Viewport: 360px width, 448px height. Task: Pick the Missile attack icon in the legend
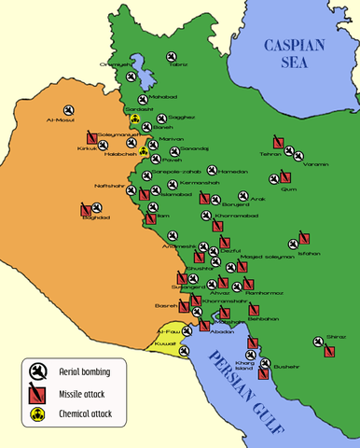[38, 393]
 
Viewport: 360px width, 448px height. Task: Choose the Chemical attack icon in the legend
[38, 413]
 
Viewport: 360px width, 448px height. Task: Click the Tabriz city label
[178, 64]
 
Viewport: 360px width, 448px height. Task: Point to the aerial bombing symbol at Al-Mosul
[69, 109]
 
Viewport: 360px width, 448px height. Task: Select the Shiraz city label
[336, 336]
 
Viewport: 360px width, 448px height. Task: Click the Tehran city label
[271, 154]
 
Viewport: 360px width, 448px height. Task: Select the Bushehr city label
[287, 366]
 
